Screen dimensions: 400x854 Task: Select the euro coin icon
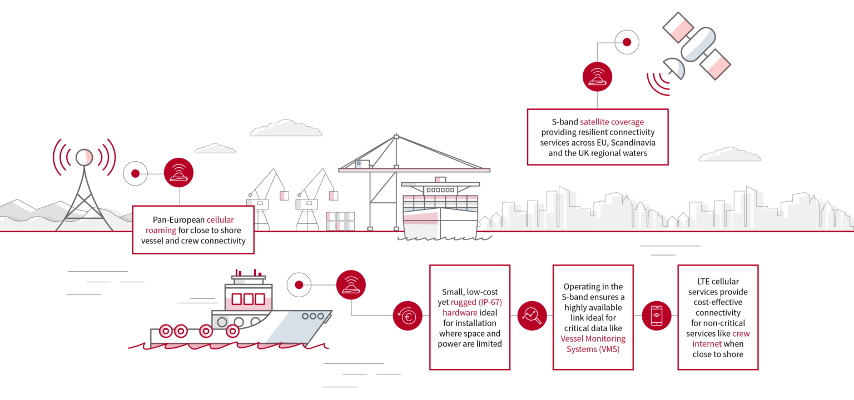408,316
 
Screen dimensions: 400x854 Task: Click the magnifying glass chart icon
532,316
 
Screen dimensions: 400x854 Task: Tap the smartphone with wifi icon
656,316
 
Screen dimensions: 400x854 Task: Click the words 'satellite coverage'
612,122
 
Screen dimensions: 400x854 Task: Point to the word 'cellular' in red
220,220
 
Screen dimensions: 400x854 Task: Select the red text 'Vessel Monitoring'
593,339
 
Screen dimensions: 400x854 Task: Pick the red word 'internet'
707,344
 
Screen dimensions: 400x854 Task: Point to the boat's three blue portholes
313,316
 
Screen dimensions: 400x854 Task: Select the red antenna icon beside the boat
351,285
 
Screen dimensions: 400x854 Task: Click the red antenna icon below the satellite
597,77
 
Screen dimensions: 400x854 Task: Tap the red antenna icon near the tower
178,173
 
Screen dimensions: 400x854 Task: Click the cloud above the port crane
286,128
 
